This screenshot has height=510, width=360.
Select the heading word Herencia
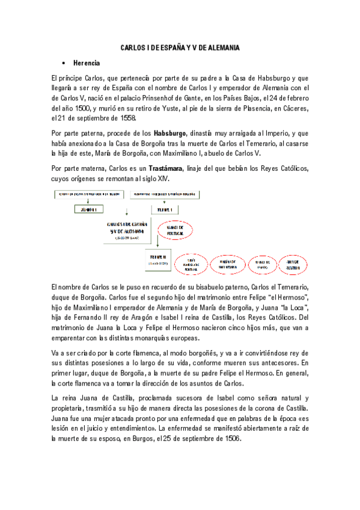(x=87, y=63)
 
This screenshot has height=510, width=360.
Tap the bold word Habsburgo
(x=170, y=132)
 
